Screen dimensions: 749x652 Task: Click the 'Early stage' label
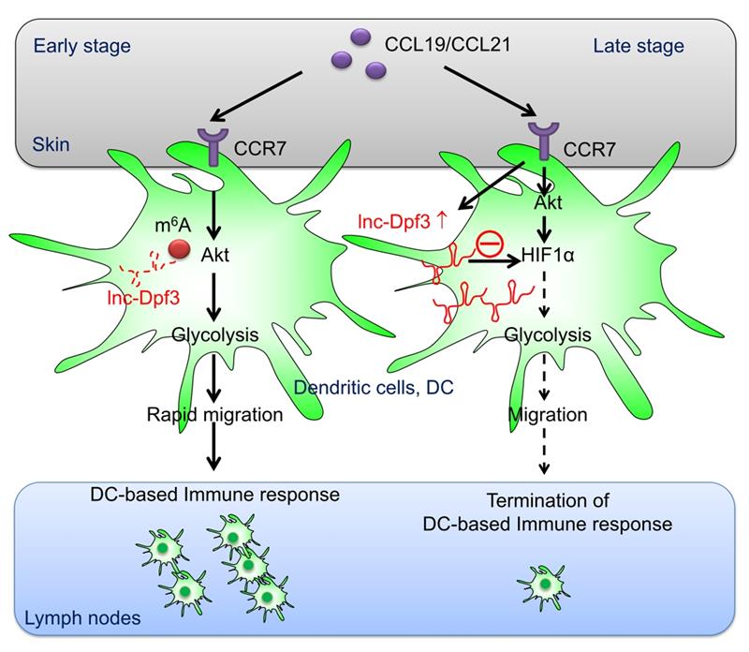point(81,47)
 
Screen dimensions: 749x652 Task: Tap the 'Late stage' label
point(639,46)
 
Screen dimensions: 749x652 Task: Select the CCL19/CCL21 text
point(448,44)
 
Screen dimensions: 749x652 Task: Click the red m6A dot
point(180,249)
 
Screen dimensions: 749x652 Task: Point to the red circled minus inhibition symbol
point(490,244)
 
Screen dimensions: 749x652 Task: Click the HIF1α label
point(548,255)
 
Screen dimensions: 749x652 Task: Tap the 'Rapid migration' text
point(214,415)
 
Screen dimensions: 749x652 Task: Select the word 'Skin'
point(51,144)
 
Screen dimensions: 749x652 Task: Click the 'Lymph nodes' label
point(82,618)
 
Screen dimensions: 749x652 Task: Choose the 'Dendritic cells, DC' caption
point(374,388)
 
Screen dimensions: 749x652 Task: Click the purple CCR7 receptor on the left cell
point(213,146)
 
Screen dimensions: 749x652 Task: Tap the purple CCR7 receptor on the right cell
point(543,141)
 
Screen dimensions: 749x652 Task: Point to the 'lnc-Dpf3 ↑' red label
point(403,222)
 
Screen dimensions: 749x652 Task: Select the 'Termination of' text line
point(548,500)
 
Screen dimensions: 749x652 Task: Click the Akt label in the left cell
point(215,255)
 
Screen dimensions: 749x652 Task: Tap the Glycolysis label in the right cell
point(548,334)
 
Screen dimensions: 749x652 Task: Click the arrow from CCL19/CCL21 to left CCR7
point(257,96)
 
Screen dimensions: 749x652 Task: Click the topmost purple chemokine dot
point(360,37)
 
